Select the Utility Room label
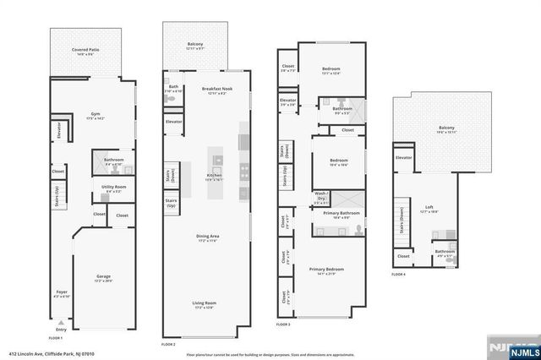pyautogui.click(x=114, y=188)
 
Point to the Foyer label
pyautogui.click(x=61, y=293)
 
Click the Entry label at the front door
pyautogui.click(x=60, y=330)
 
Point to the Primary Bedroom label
pyautogui.click(x=326, y=270)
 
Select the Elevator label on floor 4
pyautogui.click(x=404, y=157)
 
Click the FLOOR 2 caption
pyautogui.click(x=168, y=344)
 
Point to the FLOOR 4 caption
pyautogui.click(x=398, y=275)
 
